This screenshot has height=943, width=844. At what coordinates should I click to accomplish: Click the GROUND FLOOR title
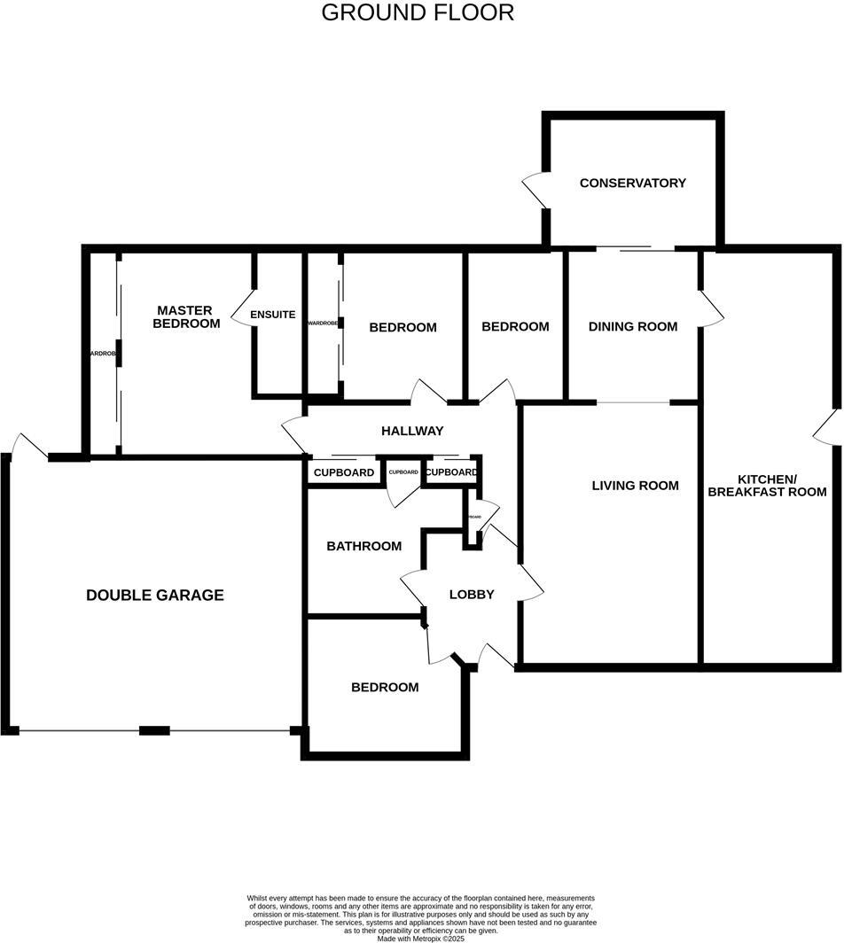[x=417, y=13]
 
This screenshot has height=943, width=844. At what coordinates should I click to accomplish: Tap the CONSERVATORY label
[x=632, y=183]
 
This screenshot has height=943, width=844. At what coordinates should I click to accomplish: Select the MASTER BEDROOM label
[x=185, y=317]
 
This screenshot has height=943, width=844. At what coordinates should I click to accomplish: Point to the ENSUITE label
[x=272, y=315]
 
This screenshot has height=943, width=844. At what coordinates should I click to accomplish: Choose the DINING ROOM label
[x=632, y=327]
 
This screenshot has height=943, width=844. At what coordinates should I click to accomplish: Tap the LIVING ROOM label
[x=635, y=486]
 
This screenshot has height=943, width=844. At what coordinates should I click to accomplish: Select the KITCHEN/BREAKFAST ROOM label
[x=767, y=485]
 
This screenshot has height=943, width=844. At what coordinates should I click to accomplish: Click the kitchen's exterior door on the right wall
[x=827, y=428]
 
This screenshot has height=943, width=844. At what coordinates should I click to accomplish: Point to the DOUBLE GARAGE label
[x=154, y=596]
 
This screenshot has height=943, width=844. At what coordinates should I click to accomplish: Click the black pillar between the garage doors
[x=154, y=730]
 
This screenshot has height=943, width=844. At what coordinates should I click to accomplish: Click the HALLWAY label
[x=411, y=432]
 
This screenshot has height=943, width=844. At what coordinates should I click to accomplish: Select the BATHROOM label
[x=363, y=547]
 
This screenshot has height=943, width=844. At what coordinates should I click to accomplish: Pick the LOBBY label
[x=471, y=595]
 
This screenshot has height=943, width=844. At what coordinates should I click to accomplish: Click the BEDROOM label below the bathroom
[x=385, y=688]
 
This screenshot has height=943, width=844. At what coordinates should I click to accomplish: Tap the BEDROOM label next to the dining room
[x=515, y=327]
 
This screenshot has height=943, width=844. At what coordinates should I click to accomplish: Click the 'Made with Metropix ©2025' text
[x=421, y=938]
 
